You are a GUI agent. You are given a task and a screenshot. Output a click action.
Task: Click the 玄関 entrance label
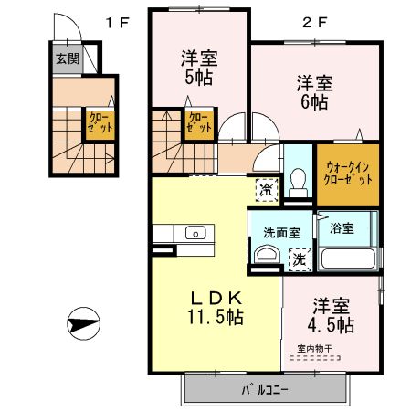pos(67,59)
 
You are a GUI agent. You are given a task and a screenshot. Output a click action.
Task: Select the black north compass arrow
pos(82,325)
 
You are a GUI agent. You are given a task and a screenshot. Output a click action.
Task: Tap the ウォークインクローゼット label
pos(348,173)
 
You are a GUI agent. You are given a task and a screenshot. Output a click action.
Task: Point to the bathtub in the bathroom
pos(346,257)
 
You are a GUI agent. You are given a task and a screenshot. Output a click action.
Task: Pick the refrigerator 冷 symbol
pos(266,191)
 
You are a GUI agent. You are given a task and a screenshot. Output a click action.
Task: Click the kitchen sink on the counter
pos(196,234)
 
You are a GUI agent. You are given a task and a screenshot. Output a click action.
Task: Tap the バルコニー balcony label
pos(264,391)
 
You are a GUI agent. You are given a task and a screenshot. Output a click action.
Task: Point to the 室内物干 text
pos(313,347)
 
